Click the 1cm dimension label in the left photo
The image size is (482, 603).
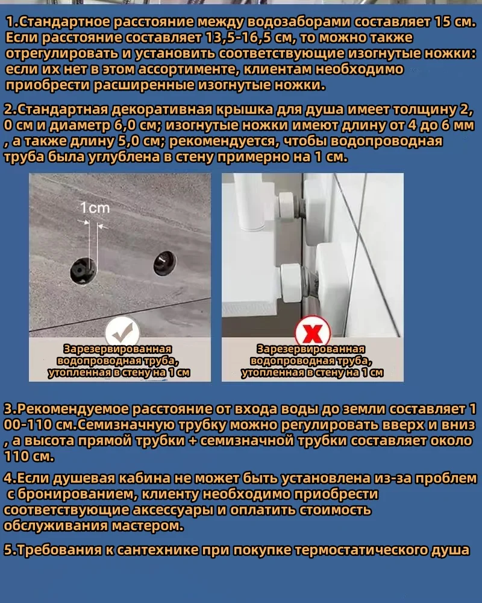coord(95,208)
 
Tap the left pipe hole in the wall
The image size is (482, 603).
coord(83,271)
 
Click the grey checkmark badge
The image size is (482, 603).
coord(122,332)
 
